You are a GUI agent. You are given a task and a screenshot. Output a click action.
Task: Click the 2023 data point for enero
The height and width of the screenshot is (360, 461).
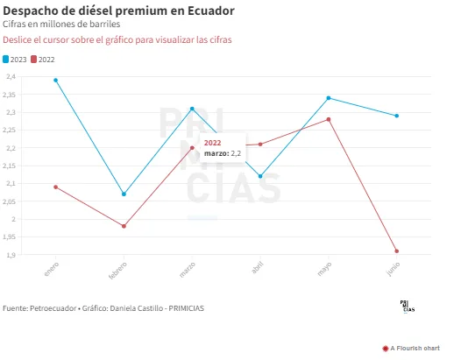(55, 81)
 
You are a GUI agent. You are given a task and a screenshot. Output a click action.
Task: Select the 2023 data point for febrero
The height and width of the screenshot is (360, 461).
(124, 194)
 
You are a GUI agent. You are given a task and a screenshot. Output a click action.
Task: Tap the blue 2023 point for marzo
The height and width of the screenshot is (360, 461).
(192, 109)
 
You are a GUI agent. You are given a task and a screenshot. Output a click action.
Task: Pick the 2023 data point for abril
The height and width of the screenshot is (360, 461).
(260, 176)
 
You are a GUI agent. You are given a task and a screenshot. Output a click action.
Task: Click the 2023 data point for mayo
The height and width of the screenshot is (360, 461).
(329, 98)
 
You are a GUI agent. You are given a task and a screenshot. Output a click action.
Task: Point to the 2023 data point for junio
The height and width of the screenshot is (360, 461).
(397, 116)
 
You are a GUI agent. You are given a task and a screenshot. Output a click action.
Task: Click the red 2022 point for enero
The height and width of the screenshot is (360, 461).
(55, 187)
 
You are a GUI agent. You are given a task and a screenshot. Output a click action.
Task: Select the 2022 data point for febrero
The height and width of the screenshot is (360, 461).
(124, 226)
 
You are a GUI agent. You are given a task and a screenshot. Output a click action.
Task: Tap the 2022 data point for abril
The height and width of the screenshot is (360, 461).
(260, 145)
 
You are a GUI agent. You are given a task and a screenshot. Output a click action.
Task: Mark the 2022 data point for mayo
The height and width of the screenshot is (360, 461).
(329, 119)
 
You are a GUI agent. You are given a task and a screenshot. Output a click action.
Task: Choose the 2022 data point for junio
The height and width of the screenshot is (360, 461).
(397, 251)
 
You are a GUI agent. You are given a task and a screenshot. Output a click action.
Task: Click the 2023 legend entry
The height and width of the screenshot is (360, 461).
(15, 60)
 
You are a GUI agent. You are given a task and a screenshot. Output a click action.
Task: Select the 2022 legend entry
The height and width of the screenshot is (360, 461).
(43, 60)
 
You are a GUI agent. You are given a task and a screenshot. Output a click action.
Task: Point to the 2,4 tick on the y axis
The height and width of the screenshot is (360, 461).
(11, 77)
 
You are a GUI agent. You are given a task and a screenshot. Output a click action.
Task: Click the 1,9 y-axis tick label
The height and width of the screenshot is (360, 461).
(11, 255)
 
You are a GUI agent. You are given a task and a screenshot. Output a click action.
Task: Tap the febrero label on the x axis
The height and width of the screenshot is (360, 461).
(118, 271)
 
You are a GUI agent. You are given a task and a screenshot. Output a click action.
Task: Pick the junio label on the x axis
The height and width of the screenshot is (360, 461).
(394, 269)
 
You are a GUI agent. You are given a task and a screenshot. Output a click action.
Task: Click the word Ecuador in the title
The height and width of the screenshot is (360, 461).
(211, 11)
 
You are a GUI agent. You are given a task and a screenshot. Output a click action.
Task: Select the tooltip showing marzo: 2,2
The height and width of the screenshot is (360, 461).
(223, 148)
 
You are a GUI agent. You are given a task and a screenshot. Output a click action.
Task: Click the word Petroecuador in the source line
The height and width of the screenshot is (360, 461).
(53, 308)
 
